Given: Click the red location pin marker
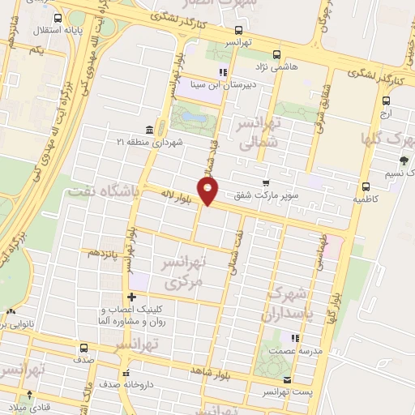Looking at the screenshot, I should (208, 191).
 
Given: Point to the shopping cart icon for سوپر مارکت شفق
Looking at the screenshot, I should (265, 184).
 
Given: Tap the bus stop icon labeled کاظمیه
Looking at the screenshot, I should (366, 185).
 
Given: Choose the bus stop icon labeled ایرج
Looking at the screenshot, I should (386, 102).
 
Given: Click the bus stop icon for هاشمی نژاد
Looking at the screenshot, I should (277, 55).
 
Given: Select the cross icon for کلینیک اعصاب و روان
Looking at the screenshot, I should (131, 297).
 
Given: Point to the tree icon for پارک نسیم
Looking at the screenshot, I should (404, 160).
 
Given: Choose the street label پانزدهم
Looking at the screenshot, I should (105, 254).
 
